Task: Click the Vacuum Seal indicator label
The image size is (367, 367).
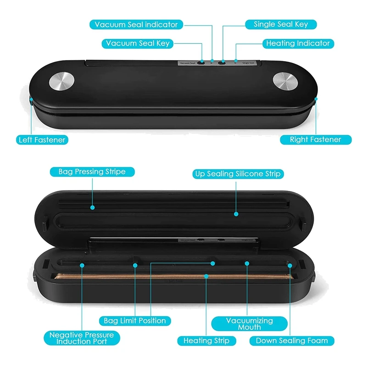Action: click(x=136, y=25)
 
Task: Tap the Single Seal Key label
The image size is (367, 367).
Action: click(x=281, y=24)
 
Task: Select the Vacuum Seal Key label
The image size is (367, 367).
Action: click(x=138, y=44)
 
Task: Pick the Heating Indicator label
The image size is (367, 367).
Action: click(x=298, y=44)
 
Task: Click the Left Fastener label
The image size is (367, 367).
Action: click(x=42, y=140)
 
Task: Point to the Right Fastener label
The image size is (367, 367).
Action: click(x=316, y=140)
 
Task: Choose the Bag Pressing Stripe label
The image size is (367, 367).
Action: click(x=92, y=172)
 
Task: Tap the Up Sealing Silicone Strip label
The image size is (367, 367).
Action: click(x=238, y=174)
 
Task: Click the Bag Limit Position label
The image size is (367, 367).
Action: click(x=135, y=321)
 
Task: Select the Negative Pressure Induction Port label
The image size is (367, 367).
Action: click(x=82, y=338)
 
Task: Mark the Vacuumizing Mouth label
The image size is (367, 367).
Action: click(x=249, y=324)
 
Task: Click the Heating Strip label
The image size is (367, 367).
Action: click(x=206, y=341)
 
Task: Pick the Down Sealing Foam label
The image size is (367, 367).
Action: click(x=292, y=341)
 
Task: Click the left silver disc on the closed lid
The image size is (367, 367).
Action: click(x=61, y=81)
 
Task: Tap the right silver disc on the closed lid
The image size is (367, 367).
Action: click(x=285, y=81)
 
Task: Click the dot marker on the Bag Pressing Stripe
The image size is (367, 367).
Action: click(x=93, y=207)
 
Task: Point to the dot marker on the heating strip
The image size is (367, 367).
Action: click(x=206, y=276)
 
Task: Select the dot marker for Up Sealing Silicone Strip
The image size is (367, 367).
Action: click(x=236, y=214)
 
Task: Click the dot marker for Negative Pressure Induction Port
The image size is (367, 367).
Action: click(x=82, y=265)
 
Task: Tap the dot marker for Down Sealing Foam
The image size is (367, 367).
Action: click(x=290, y=266)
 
